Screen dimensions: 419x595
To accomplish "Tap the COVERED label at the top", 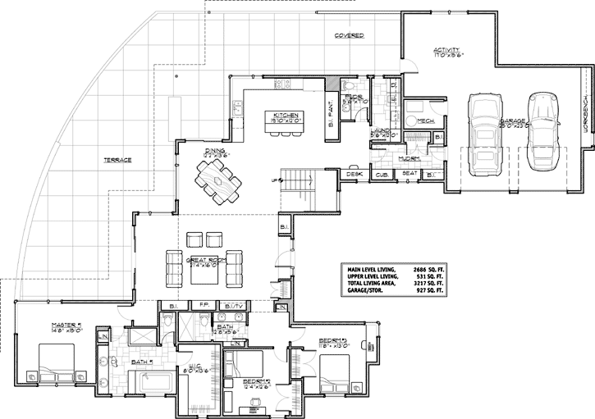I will click(x=349, y=37).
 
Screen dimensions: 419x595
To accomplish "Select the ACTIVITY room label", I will click(x=449, y=52).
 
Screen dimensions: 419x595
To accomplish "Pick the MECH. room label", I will click(x=425, y=121).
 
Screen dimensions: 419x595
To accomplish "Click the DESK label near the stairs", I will click(x=354, y=174).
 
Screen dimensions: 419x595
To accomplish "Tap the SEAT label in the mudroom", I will click(x=408, y=174).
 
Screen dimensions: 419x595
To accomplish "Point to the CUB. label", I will click(x=382, y=174).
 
